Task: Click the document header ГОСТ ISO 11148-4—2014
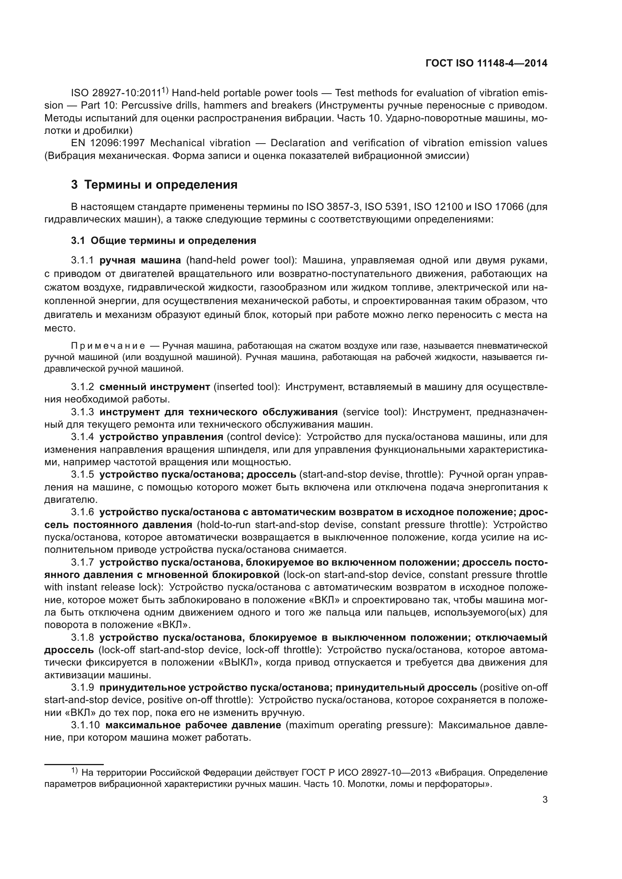pos(486,63)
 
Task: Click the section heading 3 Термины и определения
pos(154,185)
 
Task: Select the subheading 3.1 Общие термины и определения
pos(164,241)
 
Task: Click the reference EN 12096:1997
pos(108,143)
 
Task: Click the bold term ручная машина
pos(140,260)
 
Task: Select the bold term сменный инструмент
pos(155,387)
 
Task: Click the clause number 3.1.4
pos(82,437)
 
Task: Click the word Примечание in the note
pos(108,346)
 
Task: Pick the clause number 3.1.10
pos(85,725)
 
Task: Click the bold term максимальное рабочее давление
pos(193,725)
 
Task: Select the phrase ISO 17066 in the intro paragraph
pos(499,207)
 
